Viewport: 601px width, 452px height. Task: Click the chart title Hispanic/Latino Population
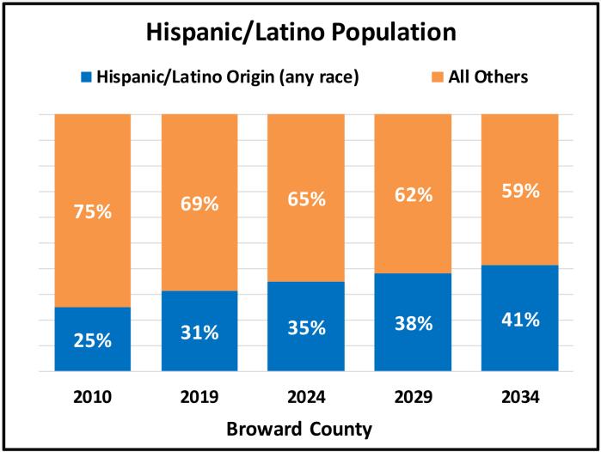(x=300, y=34)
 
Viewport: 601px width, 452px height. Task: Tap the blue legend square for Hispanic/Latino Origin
(x=85, y=77)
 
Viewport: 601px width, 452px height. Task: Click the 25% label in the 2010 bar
(x=93, y=340)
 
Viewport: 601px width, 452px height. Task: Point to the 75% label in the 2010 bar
(x=93, y=211)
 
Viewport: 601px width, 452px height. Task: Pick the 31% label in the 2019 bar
(x=199, y=332)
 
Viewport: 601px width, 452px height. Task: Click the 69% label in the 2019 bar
(x=199, y=204)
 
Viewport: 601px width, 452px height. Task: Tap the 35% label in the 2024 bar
(x=306, y=327)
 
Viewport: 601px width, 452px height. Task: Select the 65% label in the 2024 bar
(x=306, y=199)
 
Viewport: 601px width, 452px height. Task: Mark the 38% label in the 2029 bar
(x=413, y=323)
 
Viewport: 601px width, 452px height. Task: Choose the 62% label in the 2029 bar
(x=413, y=194)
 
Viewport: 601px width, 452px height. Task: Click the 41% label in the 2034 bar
(x=519, y=320)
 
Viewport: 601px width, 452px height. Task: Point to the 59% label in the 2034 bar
(x=519, y=191)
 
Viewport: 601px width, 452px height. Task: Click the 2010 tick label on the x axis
(x=93, y=397)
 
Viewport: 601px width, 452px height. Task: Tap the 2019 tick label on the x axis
(x=199, y=397)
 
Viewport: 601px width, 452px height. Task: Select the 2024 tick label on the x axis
(x=306, y=397)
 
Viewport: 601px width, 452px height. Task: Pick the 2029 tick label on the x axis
(x=413, y=397)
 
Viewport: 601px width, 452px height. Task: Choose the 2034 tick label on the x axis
(x=519, y=397)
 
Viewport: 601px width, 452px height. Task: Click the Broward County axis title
(x=301, y=429)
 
